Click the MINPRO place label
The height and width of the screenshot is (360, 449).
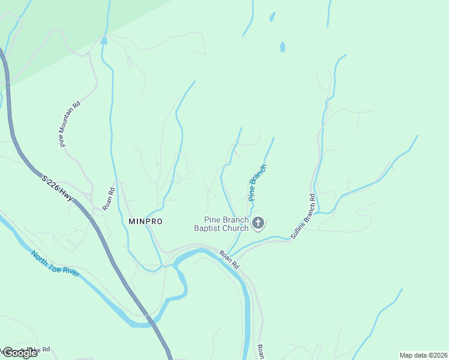[145, 221]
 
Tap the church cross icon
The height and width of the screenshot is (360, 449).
[258, 224]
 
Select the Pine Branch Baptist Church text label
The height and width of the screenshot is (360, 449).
[221, 224]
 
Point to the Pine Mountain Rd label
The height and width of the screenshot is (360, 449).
[70, 124]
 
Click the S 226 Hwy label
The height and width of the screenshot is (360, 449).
[58, 190]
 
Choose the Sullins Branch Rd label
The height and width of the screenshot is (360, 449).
[303, 217]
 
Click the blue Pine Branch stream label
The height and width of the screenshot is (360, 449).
[257, 182]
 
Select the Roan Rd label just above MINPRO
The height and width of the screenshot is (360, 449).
[108, 199]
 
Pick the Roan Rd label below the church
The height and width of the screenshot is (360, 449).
[229, 259]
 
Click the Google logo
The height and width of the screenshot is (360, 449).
[19, 353]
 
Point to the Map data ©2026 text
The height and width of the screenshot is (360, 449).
[423, 355]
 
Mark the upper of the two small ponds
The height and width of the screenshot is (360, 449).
[273, 17]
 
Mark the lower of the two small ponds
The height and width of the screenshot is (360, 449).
[282, 46]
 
